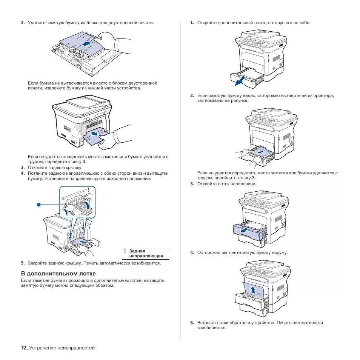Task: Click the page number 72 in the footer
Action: (x=23, y=348)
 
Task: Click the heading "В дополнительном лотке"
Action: (x=58, y=273)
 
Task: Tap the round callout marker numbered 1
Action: (x=38, y=205)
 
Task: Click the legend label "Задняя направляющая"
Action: (x=146, y=253)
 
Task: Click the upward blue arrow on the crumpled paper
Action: (x=254, y=290)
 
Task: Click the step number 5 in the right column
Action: (x=192, y=323)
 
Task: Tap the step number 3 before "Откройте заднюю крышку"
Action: (x=23, y=168)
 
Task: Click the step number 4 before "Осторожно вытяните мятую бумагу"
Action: (x=192, y=252)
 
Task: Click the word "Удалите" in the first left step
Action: (x=36, y=23)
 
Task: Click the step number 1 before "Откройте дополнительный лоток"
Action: (x=192, y=23)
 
